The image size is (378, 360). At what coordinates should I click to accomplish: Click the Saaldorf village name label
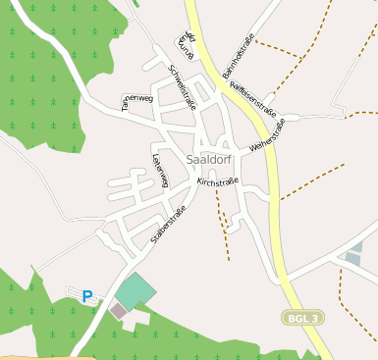(207, 158)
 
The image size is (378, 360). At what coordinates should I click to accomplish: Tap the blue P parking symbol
(87, 295)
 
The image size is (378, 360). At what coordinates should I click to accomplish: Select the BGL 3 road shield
(302, 318)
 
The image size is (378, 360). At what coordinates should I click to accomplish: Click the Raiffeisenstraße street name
(252, 100)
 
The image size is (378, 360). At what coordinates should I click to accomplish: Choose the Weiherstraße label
(268, 135)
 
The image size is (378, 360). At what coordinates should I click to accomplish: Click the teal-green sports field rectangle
(135, 291)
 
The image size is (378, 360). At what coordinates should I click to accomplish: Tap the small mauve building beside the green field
(118, 311)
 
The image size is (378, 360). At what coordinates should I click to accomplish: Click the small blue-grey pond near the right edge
(353, 258)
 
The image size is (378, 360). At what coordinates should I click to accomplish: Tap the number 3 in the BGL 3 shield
(314, 318)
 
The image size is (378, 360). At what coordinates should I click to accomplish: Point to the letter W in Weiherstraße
(253, 148)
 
